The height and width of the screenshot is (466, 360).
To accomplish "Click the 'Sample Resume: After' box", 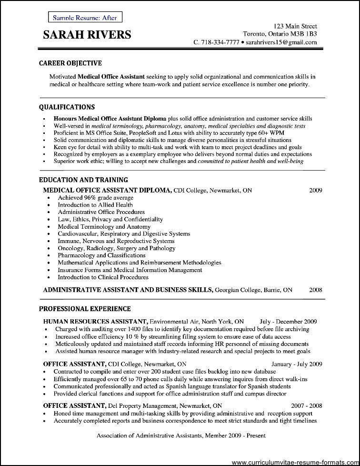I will (85, 18).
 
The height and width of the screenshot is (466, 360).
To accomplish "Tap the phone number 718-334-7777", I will (219, 42).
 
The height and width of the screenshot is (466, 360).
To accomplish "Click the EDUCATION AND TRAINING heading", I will (83, 180).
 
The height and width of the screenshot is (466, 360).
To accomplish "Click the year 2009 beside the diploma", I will (316, 190).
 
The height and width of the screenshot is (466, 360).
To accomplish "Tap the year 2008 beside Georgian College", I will (316, 290).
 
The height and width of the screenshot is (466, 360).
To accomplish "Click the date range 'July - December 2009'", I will (291, 322).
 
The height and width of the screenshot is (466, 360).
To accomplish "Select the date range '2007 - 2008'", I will (307, 406).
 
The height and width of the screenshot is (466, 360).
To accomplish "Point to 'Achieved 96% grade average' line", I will (96, 198).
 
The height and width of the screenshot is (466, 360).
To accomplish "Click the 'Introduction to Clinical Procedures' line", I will (103, 277).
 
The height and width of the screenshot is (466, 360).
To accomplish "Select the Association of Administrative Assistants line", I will (181, 435).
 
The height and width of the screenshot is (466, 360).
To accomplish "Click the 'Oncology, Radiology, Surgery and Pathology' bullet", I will (117, 248).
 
